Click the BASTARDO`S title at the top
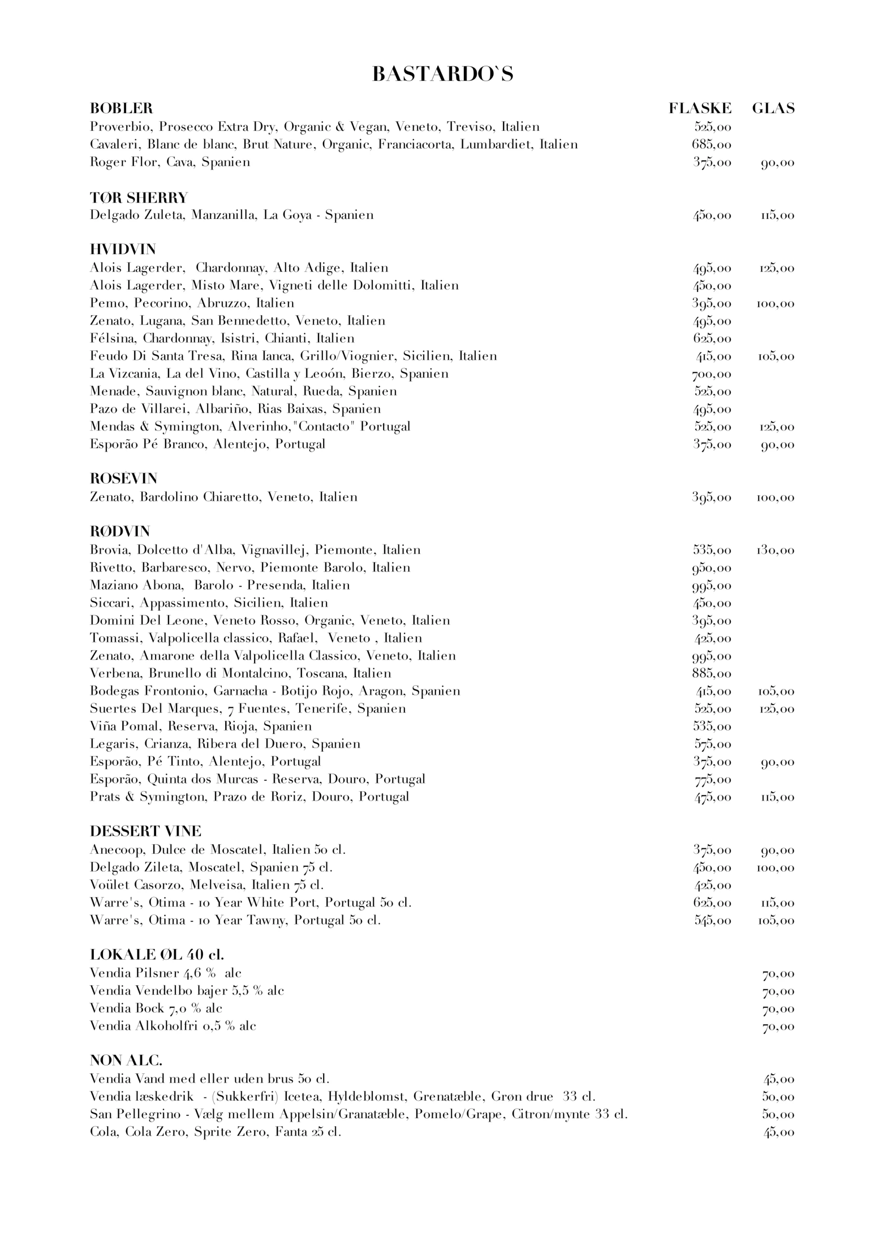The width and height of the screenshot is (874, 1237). (x=442, y=74)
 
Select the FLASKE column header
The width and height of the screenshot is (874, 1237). (x=700, y=108)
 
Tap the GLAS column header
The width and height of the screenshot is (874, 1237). (x=773, y=108)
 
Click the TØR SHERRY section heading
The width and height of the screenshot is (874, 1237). (x=139, y=197)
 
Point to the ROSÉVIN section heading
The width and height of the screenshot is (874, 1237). (x=123, y=478)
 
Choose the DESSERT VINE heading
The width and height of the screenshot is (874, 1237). (x=145, y=831)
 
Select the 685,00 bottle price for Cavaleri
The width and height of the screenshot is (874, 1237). (x=711, y=145)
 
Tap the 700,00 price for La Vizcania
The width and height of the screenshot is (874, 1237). (x=711, y=374)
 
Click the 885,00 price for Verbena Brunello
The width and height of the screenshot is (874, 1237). (x=711, y=674)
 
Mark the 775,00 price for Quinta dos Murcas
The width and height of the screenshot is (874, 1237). (x=711, y=779)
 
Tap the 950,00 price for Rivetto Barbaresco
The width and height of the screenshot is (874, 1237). (x=711, y=568)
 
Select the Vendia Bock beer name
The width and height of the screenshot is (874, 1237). (x=127, y=1008)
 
